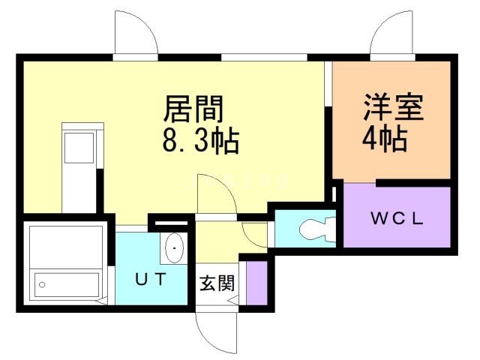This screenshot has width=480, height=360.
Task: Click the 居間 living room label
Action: point(194,110)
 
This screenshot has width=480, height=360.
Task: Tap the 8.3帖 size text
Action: point(200,139)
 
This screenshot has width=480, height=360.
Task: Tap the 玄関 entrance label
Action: point(217,283)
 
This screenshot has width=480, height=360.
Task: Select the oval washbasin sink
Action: point(174,248)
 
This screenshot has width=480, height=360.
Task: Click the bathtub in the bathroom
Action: point(67,284)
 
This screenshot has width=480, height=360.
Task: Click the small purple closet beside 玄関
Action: point(257,282)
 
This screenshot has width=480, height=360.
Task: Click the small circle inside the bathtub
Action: point(42,284)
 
